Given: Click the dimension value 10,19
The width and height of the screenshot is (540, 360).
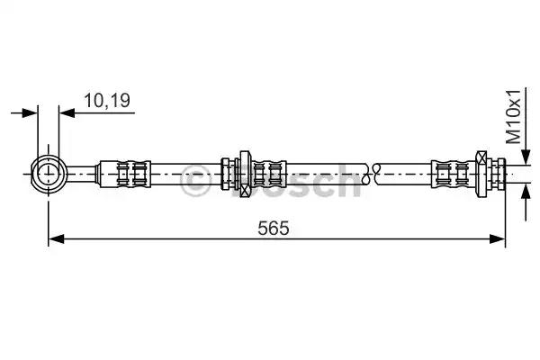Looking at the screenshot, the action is pyautogui.click(x=107, y=101).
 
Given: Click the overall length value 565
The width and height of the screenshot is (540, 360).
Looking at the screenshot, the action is pyautogui.click(x=274, y=228).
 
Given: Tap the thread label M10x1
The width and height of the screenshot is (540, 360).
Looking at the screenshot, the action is pyautogui.click(x=514, y=117).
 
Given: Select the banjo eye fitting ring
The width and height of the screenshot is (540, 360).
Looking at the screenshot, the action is pyautogui.click(x=49, y=174).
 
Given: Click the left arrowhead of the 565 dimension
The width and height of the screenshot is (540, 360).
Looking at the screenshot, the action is pyautogui.click(x=56, y=238).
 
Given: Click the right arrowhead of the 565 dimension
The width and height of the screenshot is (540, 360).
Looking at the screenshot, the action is pyautogui.click(x=498, y=238).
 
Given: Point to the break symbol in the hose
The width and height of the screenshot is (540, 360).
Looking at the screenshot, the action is pyautogui.click(x=371, y=174).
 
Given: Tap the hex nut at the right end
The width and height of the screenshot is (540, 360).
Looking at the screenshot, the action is pyautogui.click(x=481, y=174).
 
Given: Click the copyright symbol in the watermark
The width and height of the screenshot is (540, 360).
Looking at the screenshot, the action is pyautogui.click(x=195, y=182).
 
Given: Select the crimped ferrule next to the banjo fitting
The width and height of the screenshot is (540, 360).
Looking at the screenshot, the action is pyautogui.click(x=125, y=174).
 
